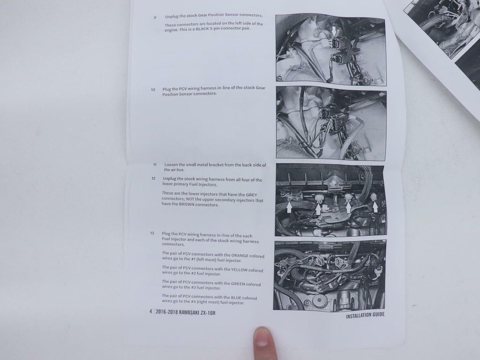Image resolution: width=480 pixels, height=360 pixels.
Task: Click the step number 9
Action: tap(155, 17)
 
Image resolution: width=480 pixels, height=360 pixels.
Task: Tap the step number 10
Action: tap(153, 90)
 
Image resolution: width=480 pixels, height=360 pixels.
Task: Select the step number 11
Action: tap(155, 165)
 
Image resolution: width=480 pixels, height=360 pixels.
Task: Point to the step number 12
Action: tap(153, 179)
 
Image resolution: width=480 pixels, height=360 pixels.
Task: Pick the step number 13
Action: tap(152, 233)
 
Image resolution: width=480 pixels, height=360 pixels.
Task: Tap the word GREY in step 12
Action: tap(252, 195)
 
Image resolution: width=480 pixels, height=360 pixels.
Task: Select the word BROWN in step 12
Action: tap(187, 204)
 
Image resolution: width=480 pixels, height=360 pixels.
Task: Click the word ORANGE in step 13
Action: tap(240, 255)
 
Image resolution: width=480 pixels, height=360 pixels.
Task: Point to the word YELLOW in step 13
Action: tap(240, 270)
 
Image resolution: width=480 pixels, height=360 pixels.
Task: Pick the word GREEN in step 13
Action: tap(238, 284)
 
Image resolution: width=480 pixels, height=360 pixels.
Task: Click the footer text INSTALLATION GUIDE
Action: tap(365, 315)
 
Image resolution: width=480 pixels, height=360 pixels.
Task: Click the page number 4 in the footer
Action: tap(150, 312)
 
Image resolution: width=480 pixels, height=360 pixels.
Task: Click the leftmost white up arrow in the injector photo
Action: tap(289, 207)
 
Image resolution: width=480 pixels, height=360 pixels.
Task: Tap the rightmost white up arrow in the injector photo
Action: tap(375, 207)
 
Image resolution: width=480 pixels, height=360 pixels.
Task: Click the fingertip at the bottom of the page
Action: tap(262, 335)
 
